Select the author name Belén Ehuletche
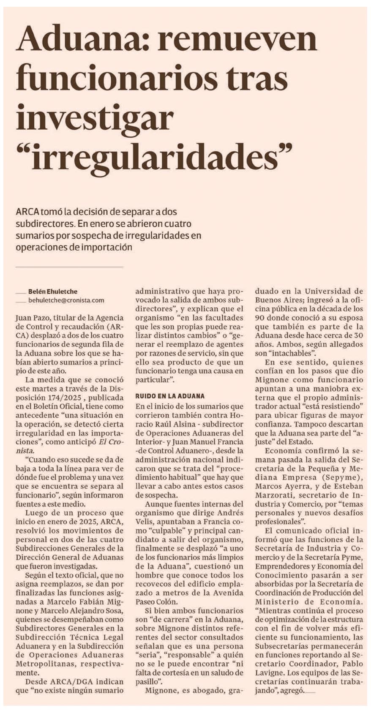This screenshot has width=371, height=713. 53,291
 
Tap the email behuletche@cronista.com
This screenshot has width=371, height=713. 66,300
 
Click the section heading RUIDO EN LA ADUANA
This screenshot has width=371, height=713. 169,396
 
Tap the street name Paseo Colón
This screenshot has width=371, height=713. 153,602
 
